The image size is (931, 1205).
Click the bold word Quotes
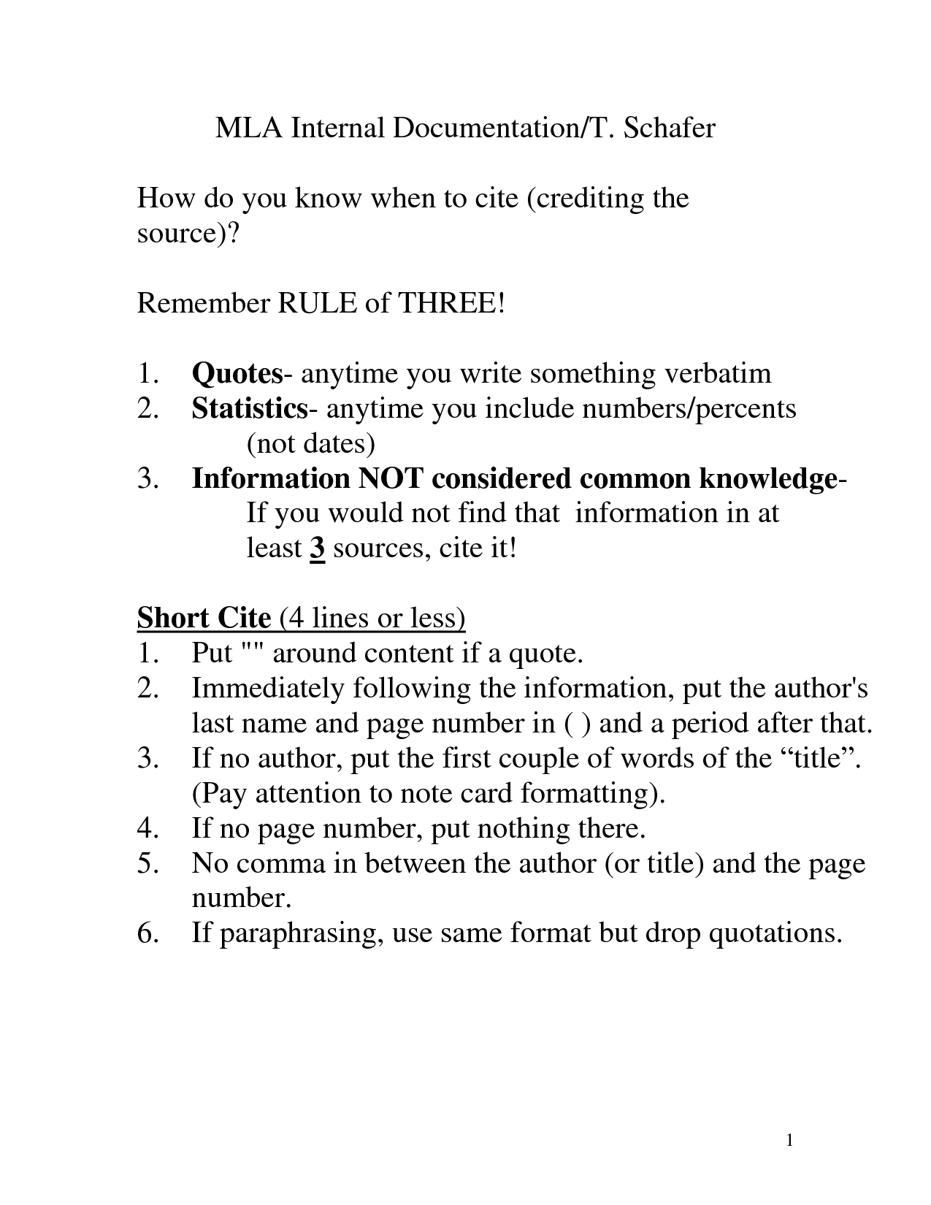click(x=237, y=374)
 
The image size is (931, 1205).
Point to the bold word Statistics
click(x=249, y=408)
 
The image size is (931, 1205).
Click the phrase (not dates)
click(x=310, y=443)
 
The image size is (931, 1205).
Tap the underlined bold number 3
click(x=317, y=548)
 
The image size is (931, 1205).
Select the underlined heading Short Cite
click(x=204, y=619)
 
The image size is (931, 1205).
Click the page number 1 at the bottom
click(x=790, y=1141)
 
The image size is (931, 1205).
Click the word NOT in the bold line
click(x=391, y=478)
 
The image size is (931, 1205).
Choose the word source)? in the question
click(x=188, y=234)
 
